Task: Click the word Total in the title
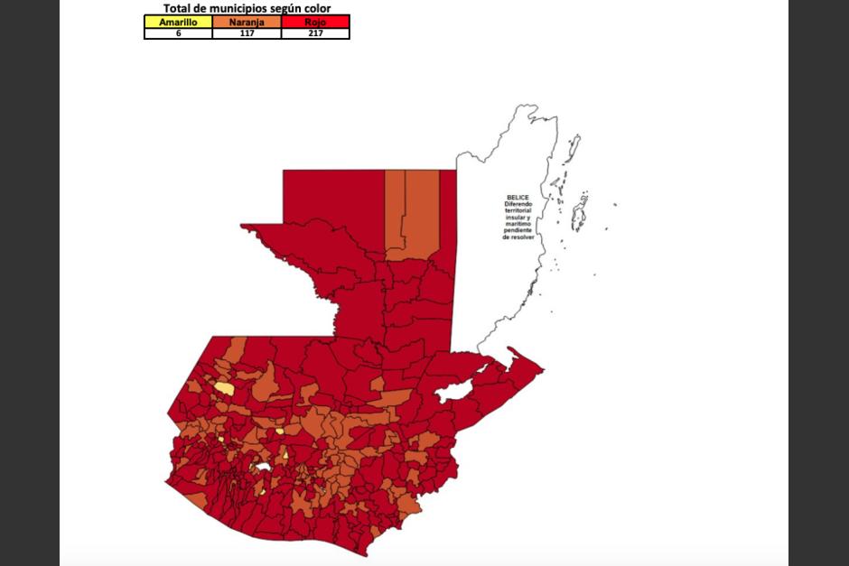[177, 8]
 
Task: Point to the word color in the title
[311, 8]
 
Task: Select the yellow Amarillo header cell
[178, 22]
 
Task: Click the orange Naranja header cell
[247, 22]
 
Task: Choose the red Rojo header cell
[315, 22]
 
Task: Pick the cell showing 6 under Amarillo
[178, 32]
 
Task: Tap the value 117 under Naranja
[247, 32]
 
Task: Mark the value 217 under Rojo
[315, 32]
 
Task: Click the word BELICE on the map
[518, 197]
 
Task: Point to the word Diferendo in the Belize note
[518, 204]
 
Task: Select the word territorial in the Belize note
[518, 210]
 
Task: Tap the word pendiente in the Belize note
[518, 230]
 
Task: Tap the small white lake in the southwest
[263, 468]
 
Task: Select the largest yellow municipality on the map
[224, 388]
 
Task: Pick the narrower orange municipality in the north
[395, 214]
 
